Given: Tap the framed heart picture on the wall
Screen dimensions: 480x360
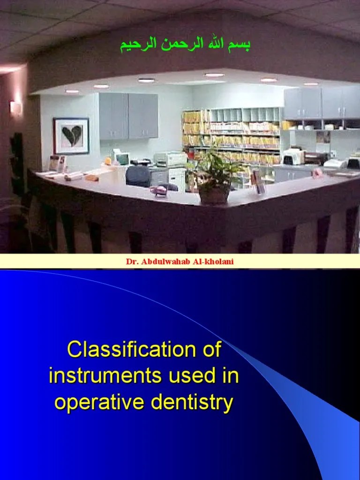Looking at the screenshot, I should pyautogui.click(x=71, y=136).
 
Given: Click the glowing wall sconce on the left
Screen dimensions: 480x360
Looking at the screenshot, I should pyautogui.click(x=15, y=109).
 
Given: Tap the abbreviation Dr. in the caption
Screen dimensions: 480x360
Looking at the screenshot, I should pyautogui.click(x=132, y=261).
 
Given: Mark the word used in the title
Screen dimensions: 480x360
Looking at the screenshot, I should pyautogui.click(x=186, y=376).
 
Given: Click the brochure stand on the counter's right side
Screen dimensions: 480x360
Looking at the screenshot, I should pyautogui.click(x=257, y=182).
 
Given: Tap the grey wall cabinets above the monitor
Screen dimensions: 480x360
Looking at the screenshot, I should pyautogui.click(x=128, y=115).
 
